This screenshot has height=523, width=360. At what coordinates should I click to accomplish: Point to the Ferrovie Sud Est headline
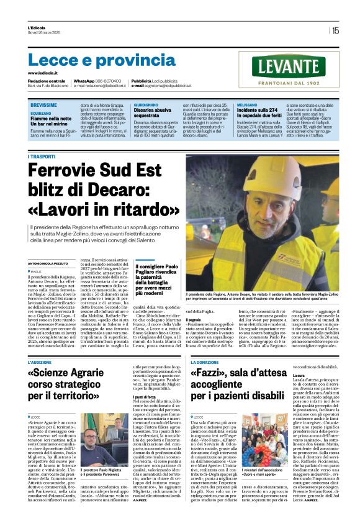pos(105,186)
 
